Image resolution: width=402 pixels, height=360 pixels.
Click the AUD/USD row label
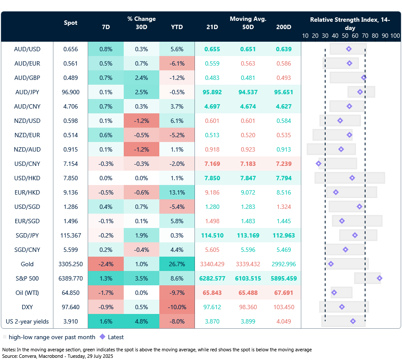27,49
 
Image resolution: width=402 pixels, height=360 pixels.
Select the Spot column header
70,23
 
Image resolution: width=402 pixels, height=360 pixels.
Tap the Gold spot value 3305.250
70,264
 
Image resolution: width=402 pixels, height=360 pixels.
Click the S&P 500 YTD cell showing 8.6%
177,278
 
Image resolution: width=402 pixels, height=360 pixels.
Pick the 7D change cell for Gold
105,264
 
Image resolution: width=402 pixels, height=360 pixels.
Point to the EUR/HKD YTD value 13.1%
177,192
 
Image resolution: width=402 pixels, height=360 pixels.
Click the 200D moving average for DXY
283,307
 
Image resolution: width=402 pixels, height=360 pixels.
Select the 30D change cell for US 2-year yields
141,321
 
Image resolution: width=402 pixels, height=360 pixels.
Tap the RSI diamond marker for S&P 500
379,278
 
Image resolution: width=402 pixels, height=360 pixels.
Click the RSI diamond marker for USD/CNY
319,164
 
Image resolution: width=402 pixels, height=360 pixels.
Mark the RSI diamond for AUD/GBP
364,78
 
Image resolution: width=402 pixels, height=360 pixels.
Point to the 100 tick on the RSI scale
395,36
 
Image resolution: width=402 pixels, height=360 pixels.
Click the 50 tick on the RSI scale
345,36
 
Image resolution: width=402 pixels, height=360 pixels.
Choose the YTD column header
177,27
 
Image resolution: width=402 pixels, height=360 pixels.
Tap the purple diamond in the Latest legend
102,337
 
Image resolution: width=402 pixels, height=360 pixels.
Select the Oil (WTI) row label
27,293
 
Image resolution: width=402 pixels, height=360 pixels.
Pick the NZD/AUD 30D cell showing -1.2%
141,149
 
